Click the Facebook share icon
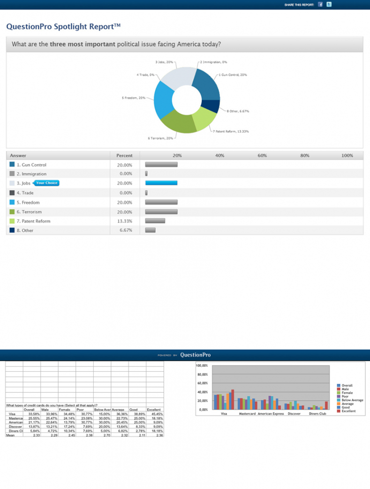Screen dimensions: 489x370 pyautogui.click(x=320, y=4)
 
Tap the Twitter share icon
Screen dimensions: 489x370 pyautogui.click(x=329, y=4)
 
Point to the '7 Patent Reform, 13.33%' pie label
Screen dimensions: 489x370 pyautogui.click(x=231, y=131)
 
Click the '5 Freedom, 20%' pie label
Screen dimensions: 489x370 pyautogui.click(x=133, y=98)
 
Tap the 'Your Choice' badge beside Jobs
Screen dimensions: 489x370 pyautogui.click(x=47, y=183)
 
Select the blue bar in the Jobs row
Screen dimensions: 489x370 pyautogui.click(x=161, y=183)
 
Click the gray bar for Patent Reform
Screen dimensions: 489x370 pyautogui.click(x=155, y=221)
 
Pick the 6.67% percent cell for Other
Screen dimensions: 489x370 pyautogui.click(x=125, y=230)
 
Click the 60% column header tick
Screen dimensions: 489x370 pyautogui.click(x=262, y=155)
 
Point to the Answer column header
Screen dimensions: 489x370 pyautogui.click(x=18, y=155)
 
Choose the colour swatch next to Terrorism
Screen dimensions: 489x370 pyautogui.click(x=12, y=212)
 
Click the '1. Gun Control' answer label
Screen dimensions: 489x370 pyautogui.click(x=31, y=165)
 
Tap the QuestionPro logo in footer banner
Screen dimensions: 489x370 pyautogui.click(x=195, y=355)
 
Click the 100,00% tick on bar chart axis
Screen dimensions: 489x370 pyautogui.click(x=202, y=366)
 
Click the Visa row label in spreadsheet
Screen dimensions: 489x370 pyautogui.click(x=12, y=414)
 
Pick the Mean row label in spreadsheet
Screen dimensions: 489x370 pyautogui.click(x=10, y=436)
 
